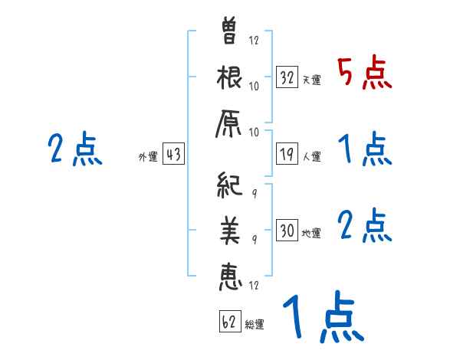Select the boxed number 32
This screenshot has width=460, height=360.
[x=287, y=77]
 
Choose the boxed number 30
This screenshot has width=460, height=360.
[x=287, y=231]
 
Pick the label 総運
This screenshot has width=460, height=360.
[x=255, y=324]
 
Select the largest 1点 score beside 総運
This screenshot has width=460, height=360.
[x=322, y=318]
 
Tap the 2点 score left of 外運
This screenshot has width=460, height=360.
[x=75, y=150]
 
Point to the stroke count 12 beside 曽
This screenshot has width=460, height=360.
[x=254, y=39]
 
